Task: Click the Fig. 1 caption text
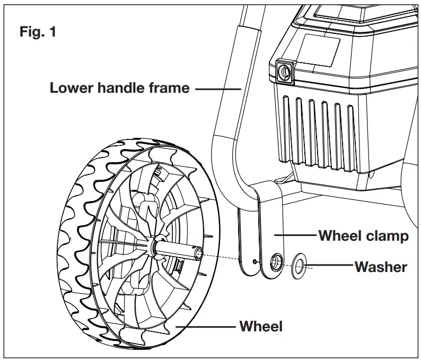(38, 31)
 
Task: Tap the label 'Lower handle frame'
(119, 88)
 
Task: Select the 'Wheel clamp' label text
(363, 235)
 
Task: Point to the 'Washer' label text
(380, 266)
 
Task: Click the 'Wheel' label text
(260, 326)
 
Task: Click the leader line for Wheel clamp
(295, 235)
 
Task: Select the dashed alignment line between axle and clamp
(228, 257)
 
